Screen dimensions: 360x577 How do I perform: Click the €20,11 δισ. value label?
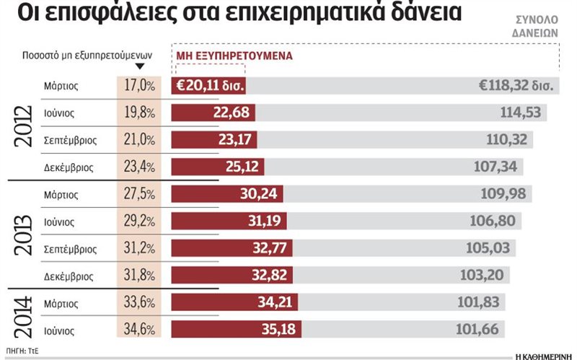click(209, 86)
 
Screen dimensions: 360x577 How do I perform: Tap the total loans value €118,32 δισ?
click(515, 86)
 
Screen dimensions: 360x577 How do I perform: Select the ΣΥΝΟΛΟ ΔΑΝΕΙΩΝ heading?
click(535, 27)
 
